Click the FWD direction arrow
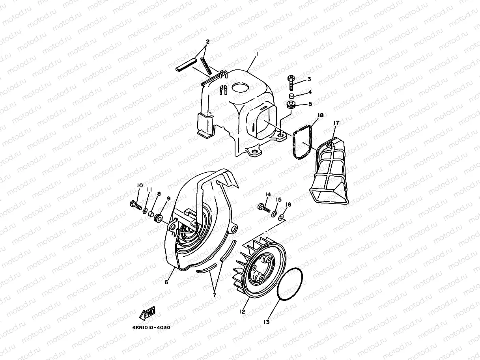(x=147, y=313)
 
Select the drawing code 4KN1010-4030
(x=151, y=328)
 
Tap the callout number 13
(x=267, y=322)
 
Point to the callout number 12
(x=242, y=312)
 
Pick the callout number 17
(x=336, y=123)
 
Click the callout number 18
(x=321, y=115)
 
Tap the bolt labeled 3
(x=291, y=83)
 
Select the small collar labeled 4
(x=291, y=96)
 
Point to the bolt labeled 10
(x=136, y=205)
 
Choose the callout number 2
(x=207, y=41)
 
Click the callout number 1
(x=257, y=54)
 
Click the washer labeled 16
(x=281, y=218)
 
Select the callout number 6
(x=166, y=282)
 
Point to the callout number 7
(x=215, y=295)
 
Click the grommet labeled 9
(x=158, y=218)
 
